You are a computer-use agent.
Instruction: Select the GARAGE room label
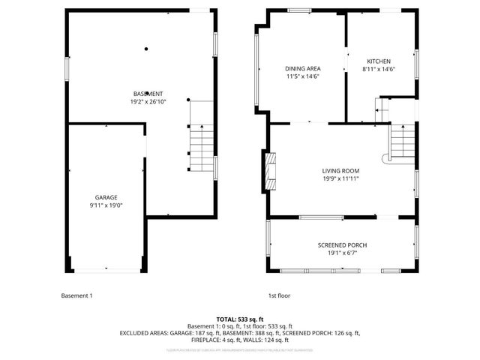pyautogui.click(x=106, y=197)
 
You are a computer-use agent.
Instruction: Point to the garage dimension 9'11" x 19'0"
pyautogui.click(x=106, y=205)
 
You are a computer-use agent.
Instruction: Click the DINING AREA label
pyautogui.click(x=302, y=68)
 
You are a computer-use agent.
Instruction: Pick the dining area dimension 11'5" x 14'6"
pyautogui.click(x=302, y=76)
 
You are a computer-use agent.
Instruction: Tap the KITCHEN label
pyautogui.click(x=379, y=61)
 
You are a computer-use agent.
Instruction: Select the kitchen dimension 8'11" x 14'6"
pyautogui.click(x=379, y=69)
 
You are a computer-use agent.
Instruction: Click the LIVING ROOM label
pyautogui.click(x=341, y=170)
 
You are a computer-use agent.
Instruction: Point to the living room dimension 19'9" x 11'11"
pyautogui.click(x=341, y=178)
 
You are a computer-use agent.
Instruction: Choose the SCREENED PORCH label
pyautogui.click(x=342, y=245)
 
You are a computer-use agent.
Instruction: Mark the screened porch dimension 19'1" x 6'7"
pyautogui.click(x=342, y=253)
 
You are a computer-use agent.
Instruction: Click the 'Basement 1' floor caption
pyautogui.click(x=76, y=295)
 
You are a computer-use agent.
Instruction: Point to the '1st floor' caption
pyautogui.click(x=278, y=295)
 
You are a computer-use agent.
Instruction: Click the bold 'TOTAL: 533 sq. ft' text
pyautogui.click(x=240, y=319)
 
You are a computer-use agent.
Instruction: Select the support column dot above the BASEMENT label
pyautogui.click(x=146, y=49)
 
